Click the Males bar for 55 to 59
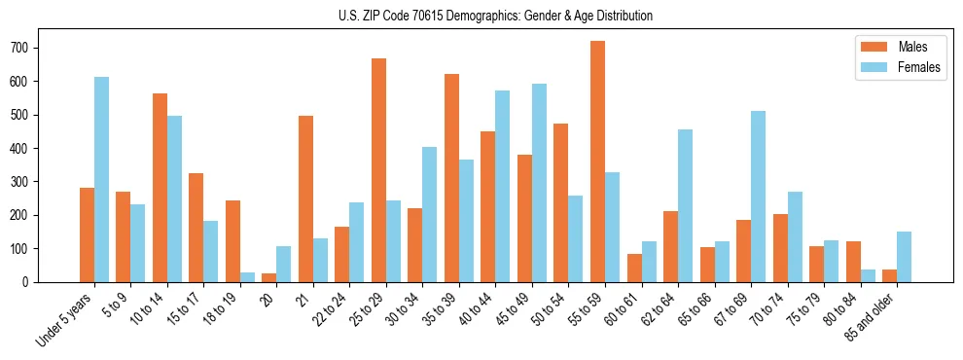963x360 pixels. pos(597,162)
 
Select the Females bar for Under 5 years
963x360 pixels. pos(101,179)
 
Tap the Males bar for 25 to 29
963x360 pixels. pos(378,170)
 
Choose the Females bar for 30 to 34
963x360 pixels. pos(429,214)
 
